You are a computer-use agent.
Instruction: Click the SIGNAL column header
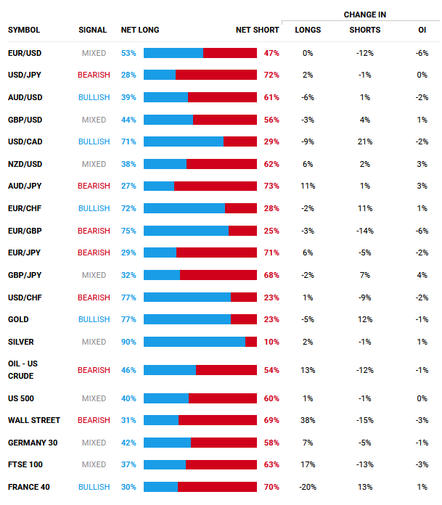[92, 30]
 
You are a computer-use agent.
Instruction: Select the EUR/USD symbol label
[24, 53]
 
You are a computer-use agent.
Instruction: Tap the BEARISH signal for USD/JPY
[94, 75]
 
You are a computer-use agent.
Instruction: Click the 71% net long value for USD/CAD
[128, 142]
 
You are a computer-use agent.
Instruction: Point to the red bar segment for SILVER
[251, 342]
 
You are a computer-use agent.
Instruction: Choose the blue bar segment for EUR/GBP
[186, 231]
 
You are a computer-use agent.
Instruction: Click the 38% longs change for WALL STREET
[308, 420]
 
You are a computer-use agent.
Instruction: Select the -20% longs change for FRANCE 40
[308, 487]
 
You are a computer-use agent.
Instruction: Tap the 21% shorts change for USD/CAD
[364, 142]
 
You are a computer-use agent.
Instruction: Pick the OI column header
[422, 30]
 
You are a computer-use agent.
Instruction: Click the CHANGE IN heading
[364, 15]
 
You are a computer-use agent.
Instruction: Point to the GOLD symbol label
[18, 319]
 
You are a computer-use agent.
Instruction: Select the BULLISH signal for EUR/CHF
[94, 208]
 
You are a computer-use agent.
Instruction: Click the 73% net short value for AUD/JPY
[271, 186]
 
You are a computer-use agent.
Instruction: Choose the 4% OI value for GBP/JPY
[422, 275]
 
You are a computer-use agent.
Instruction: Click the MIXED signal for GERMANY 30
[94, 443]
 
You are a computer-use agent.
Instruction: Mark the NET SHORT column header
[257, 30]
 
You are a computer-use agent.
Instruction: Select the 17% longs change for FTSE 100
[308, 464]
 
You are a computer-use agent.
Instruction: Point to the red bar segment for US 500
[223, 398]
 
